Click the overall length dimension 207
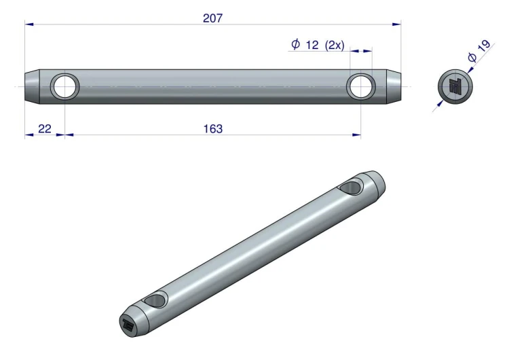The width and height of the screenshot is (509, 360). [x=213, y=18]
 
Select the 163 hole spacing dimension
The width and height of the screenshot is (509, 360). [x=213, y=129]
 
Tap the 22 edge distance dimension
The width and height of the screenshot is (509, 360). [x=45, y=129]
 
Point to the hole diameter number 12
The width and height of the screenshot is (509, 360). [x=312, y=45]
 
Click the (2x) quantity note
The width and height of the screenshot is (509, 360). [x=335, y=45]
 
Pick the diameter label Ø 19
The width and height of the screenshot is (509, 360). [x=479, y=51]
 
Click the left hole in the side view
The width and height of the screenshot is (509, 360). [x=65, y=87]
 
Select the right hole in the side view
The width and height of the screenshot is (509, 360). [x=361, y=87]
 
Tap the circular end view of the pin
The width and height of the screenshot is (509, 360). [x=455, y=87]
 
